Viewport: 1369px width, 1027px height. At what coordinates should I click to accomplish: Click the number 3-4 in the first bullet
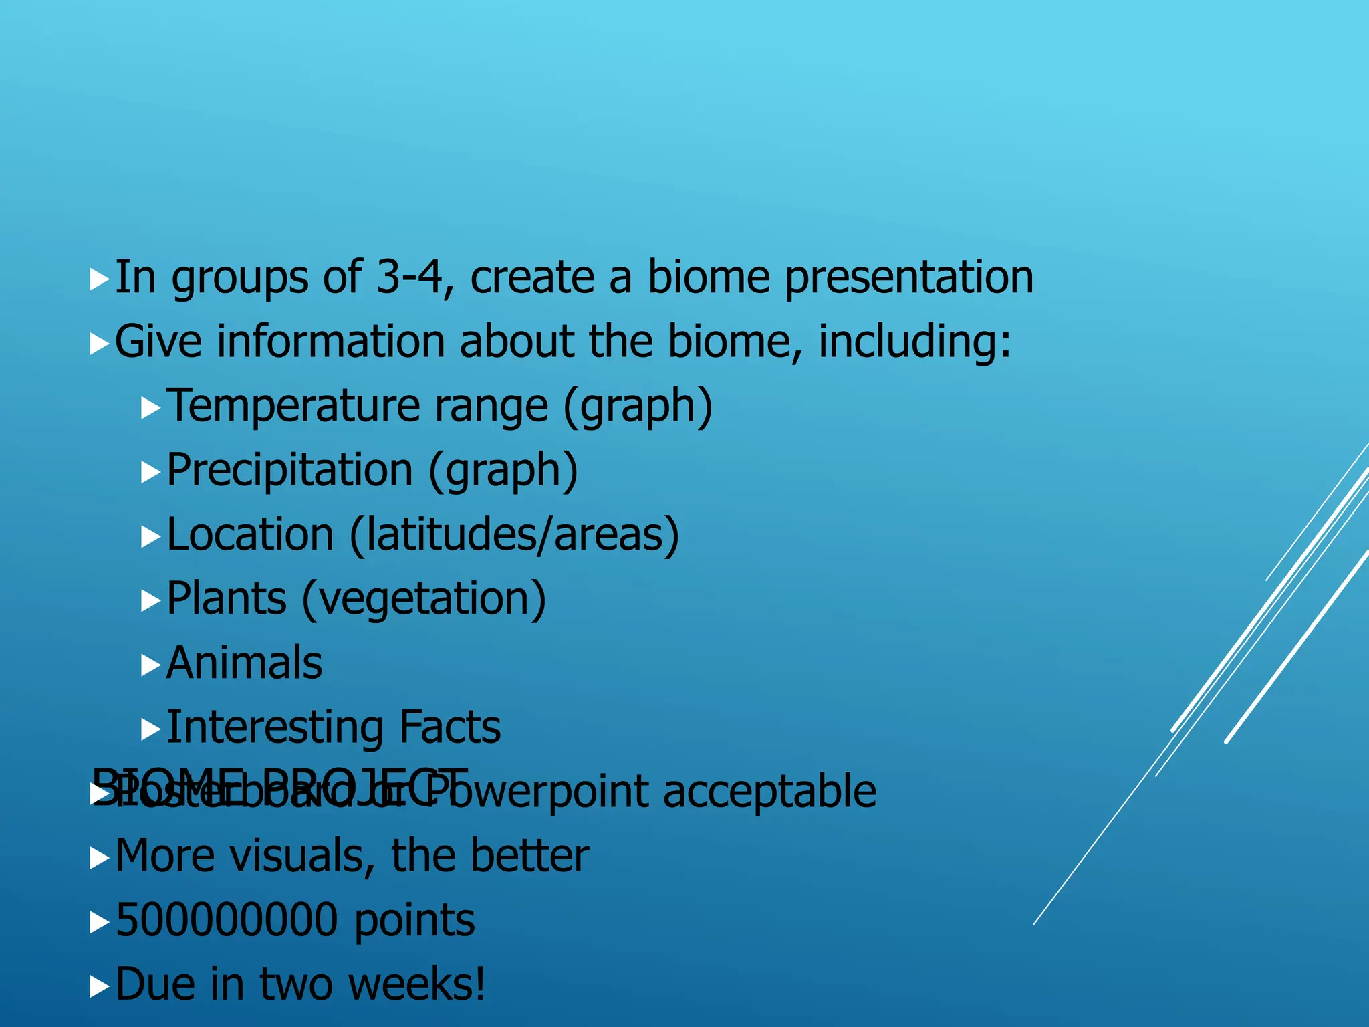(x=409, y=277)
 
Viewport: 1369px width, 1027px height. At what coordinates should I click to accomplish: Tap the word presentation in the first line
(x=908, y=278)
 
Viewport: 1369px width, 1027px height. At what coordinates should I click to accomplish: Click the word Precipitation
(x=289, y=471)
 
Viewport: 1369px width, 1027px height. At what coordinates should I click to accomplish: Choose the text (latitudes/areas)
(x=513, y=535)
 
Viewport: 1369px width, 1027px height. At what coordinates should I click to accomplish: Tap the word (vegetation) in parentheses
(x=424, y=599)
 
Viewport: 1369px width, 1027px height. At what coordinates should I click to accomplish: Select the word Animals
(x=244, y=663)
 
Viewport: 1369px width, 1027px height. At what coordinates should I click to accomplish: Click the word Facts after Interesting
(x=449, y=727)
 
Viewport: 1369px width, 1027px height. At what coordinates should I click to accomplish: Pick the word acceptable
(x=769, y=792)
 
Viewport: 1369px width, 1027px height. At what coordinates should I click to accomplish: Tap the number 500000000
(x=227, y=920)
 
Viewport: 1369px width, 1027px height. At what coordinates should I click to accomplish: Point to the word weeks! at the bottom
(x=416, y=984)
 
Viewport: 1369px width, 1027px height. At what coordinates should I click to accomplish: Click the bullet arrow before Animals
(x=150, y=665)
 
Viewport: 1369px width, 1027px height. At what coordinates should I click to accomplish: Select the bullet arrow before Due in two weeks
(x=99, y=986)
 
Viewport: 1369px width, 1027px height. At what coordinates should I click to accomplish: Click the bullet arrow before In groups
(x=99, y=279)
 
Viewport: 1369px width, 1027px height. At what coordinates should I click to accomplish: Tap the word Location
(x=250, y=535)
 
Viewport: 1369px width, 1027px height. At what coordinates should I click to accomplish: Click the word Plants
(x=226, y=599)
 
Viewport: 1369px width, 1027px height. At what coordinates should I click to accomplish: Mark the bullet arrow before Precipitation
(x=150, y=473)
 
